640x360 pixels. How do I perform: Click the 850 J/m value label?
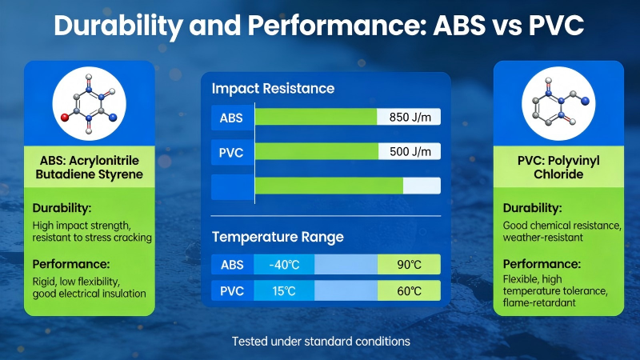pyautogui.click(x=409, y=118)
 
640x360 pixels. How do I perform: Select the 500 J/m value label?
pyautogui.click(x=409, y=151)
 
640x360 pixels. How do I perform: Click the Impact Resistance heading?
pyautogui.click(x=273, y=88)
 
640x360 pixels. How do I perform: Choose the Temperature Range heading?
pyautogui.click(x=278, y=237)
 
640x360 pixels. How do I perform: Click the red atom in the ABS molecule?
pyautogui.click(x=64, y=117)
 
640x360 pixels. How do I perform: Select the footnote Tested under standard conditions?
pyautogui.click(x=320, y=341)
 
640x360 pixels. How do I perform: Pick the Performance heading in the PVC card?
pyautogui.click(x=541, y=263)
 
